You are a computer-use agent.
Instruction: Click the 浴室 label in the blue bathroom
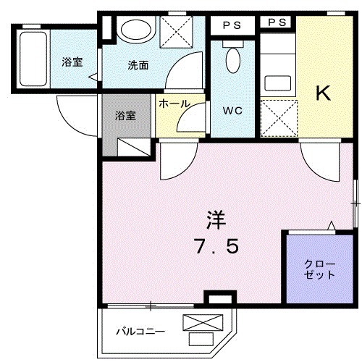coord(72,62)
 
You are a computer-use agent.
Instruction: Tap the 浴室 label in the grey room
coord(125,114)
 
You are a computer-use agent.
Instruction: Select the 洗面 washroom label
coord(138,65)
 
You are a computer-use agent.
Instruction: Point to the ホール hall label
coord(174,104)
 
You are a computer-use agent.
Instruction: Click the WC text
coord(231,111)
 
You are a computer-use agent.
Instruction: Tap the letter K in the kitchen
coord(323,93)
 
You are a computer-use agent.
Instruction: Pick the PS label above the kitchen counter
coord(277,23)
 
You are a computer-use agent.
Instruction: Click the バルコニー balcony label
coord(141,332)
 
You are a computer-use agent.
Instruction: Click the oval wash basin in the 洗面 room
coord(135,30)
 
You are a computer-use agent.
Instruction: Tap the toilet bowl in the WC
coord(232,60)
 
